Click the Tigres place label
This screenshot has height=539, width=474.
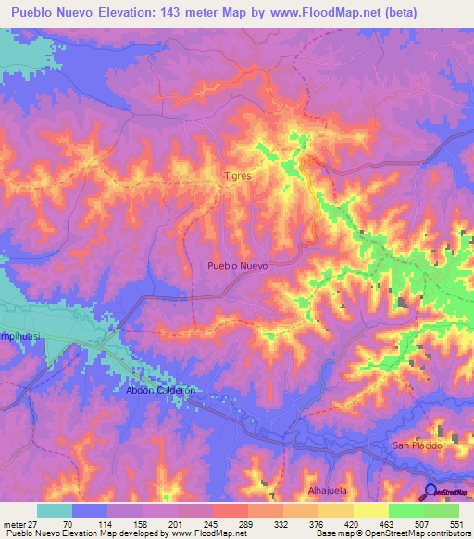238,174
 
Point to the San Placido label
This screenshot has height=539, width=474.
418,445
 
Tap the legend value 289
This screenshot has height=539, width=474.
244,522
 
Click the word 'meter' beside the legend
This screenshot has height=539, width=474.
13,522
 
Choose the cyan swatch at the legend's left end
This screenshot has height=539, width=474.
55,510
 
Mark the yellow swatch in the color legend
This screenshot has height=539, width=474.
371,510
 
